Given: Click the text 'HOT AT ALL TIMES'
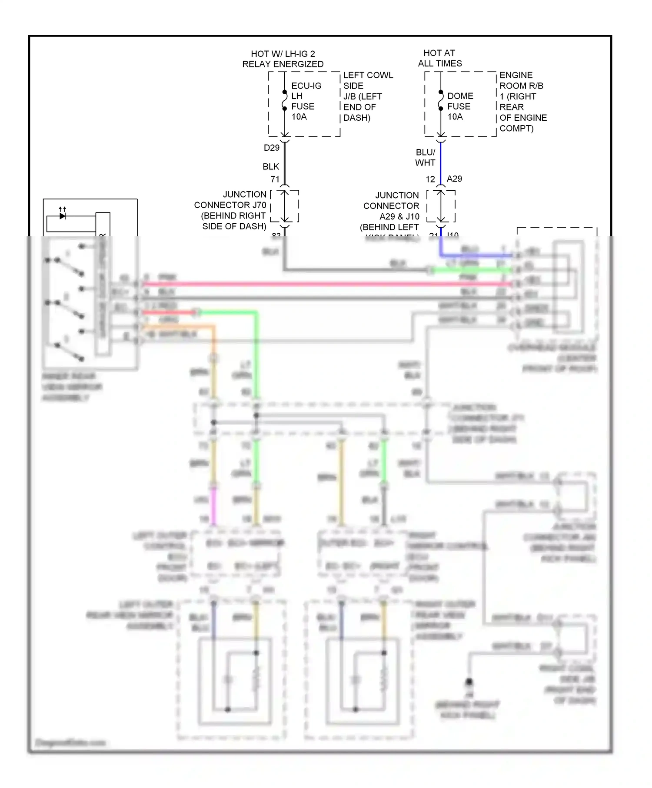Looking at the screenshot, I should pos(439,58).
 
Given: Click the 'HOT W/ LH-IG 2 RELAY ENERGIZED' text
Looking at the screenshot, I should pos(283,59).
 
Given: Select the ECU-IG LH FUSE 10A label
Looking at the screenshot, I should pos(306,101).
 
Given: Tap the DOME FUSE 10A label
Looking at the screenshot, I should pos(460,106).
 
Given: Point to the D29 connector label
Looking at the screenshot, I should pos(271,148).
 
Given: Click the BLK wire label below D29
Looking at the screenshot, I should pos(270,166).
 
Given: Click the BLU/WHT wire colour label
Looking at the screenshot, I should pos(425,157).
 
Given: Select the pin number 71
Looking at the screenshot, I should pos(275,179).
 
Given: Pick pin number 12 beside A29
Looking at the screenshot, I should pos(430,179).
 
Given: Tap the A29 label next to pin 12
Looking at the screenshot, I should pos(454,179).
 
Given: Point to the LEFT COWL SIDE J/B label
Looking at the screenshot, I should pos(367,96).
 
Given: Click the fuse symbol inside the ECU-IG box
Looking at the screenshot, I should pos(284,100).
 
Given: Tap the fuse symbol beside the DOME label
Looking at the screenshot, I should pos(440,100).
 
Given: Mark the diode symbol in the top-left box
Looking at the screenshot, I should pos(63,215).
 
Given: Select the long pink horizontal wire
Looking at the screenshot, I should pos(326,284).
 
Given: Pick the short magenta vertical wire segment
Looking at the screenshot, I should pos(213,504).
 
